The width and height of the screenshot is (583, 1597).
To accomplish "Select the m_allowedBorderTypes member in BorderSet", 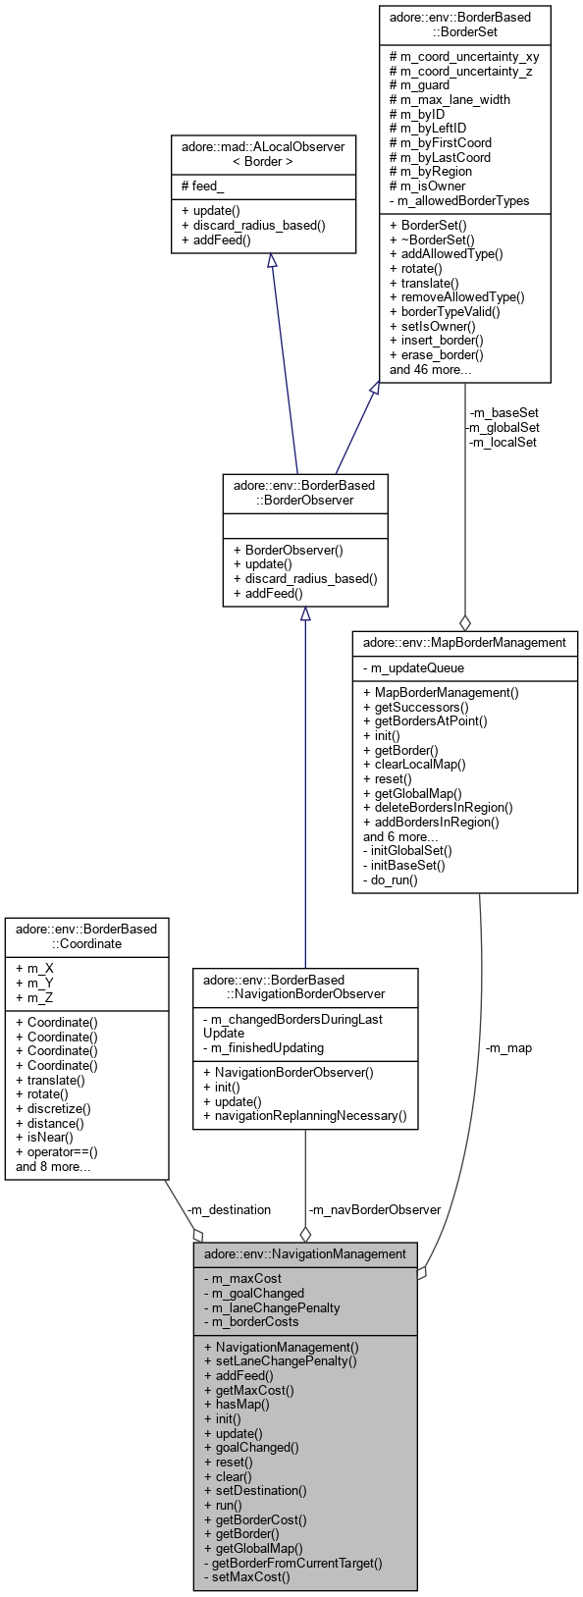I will (x=459, y=200).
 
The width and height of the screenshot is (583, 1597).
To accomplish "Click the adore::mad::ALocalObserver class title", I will (x=263, y=153).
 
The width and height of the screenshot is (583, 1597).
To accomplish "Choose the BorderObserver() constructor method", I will (x=288, y=550).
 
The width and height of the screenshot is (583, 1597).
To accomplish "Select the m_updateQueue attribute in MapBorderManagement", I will (x=415, y=667).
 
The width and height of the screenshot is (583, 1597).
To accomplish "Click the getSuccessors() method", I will (x=416, y=707).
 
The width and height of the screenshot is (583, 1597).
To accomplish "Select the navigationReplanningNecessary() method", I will (x=304, y=1116).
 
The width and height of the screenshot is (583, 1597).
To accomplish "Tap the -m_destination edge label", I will (x=228, y=1209).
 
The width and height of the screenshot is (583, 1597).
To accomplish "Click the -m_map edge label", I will (x=508, y=1047).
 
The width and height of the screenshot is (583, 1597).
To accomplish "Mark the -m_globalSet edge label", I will (x=502, y=427).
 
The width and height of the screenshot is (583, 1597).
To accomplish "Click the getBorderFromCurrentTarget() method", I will (x=292, y=1563).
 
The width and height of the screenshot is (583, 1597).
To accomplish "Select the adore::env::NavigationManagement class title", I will (x=304, y=1253).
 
